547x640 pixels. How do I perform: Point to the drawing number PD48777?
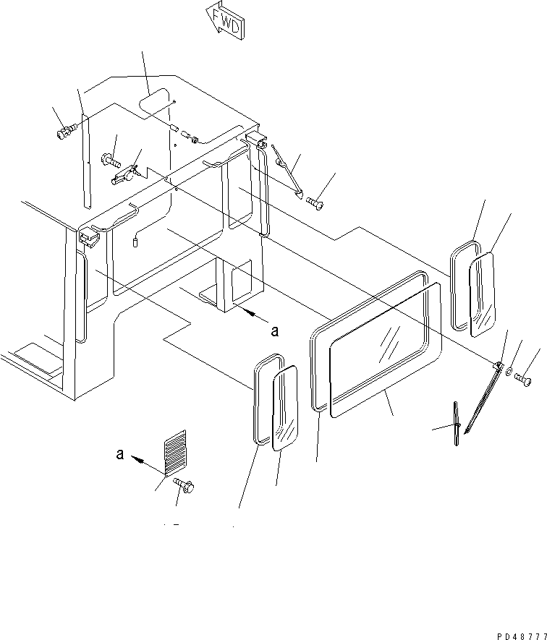point(522,636)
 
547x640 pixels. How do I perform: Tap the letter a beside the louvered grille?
point(119,454)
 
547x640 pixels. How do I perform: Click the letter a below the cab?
point(275,331)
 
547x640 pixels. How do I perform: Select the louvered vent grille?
point(175,452)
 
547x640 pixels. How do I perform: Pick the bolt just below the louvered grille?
point(184,485)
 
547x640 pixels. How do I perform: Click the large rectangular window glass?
point(386,349)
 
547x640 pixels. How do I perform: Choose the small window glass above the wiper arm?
point(483,295)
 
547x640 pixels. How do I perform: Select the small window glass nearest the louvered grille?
point(285,408)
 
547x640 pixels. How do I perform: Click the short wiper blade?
point(457,424)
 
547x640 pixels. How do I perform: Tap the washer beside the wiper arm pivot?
point(509,372)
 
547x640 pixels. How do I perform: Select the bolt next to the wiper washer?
point(523,380)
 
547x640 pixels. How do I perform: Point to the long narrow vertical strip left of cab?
point(86,161)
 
